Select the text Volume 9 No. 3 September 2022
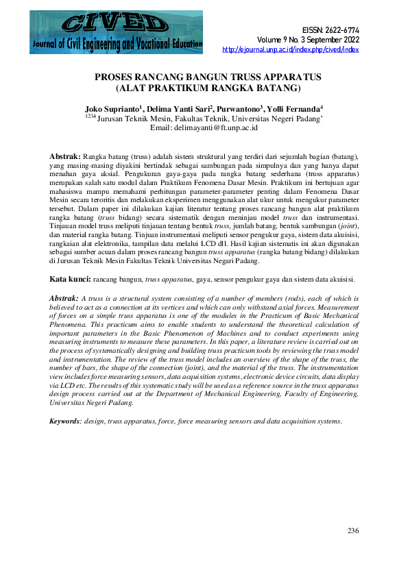coord(309,40)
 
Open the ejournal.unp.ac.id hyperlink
coord(291,50)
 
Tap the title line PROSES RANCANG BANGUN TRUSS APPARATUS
coord(204,77)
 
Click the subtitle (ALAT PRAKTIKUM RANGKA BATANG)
coord(204,88)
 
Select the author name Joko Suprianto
coord(112,108)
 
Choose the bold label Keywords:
coord(65,420)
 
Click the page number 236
coord(353,531)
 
